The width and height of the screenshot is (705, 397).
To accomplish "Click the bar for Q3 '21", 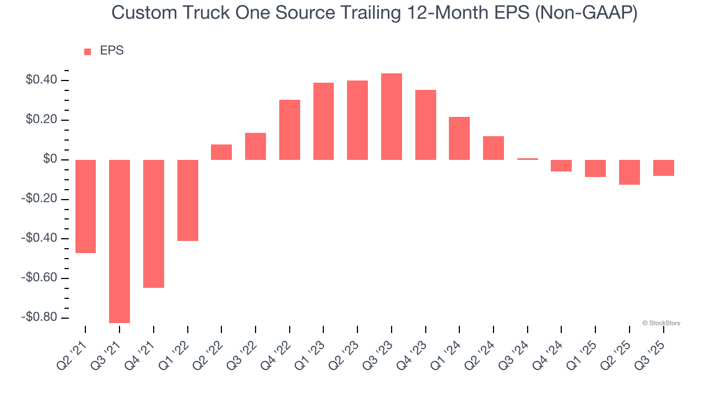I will tap(120, 241).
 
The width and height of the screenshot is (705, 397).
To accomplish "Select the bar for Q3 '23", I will tap(392, 117).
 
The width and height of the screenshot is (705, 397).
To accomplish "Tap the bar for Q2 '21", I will tap(85, 206).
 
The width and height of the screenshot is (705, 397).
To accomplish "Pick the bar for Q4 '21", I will tap(154, 223).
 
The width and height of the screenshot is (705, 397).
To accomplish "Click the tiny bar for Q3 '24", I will tap(528, 159).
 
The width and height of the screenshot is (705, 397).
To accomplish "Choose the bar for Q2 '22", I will tap(221, 152).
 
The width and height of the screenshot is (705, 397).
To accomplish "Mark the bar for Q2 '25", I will tap(630, 172).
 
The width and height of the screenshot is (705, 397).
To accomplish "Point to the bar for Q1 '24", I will tap(459, 138).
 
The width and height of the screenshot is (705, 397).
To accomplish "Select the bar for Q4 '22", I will tap(290, 130).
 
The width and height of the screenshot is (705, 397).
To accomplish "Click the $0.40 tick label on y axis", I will tap(41, 81).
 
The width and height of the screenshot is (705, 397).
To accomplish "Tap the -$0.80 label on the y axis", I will tap(39, 318).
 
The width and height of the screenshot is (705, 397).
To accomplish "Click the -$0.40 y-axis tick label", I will tap(39, 239).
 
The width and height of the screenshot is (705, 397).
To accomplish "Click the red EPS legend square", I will tap(88, 51).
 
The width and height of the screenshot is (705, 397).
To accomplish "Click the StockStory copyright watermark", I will tap(661, 323).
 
